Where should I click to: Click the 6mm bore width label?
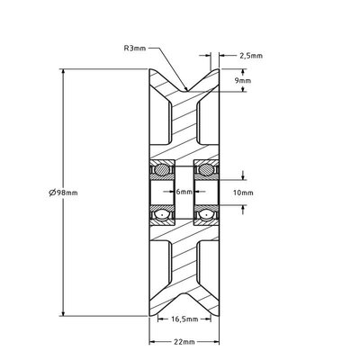click(184, 192)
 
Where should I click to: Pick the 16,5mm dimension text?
click(184, 319)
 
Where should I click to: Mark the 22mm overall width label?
click(184, 343)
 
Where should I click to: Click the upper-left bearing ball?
click(162, 168)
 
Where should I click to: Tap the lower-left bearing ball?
click(162, 215)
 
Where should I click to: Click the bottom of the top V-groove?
click(184, 89)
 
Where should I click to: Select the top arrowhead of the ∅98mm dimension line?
click(62, 72)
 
